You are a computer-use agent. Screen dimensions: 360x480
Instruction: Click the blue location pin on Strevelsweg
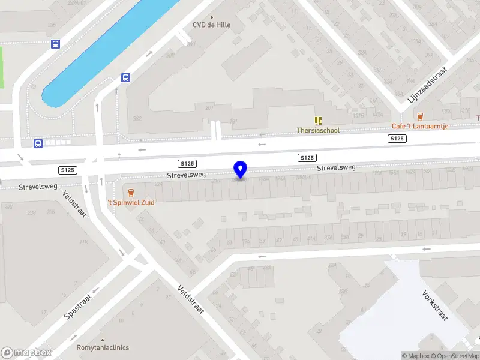(x=240, y=170)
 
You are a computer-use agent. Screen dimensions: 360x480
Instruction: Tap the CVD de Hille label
(x=211, y=25)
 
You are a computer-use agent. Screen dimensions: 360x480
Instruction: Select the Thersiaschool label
(x=318, y=130)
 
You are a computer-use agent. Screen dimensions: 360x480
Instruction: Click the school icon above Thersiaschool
(x=318, y=120)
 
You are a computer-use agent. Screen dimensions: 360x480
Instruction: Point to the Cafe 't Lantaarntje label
(x=419, y=126)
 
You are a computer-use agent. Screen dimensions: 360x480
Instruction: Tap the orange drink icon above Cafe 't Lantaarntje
(x=419, y=116)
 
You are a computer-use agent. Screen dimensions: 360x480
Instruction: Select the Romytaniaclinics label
(x=103, y=347)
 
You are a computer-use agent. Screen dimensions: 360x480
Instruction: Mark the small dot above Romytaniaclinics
(x=103, y=339)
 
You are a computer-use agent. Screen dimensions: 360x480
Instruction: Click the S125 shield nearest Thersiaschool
(x=307, y=158)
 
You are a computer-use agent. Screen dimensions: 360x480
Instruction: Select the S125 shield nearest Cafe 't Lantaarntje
(x=397, y=139)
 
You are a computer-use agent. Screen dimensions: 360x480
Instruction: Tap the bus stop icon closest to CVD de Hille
(x=126, y=77)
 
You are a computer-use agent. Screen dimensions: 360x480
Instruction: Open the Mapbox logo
(x=26, y=353)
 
